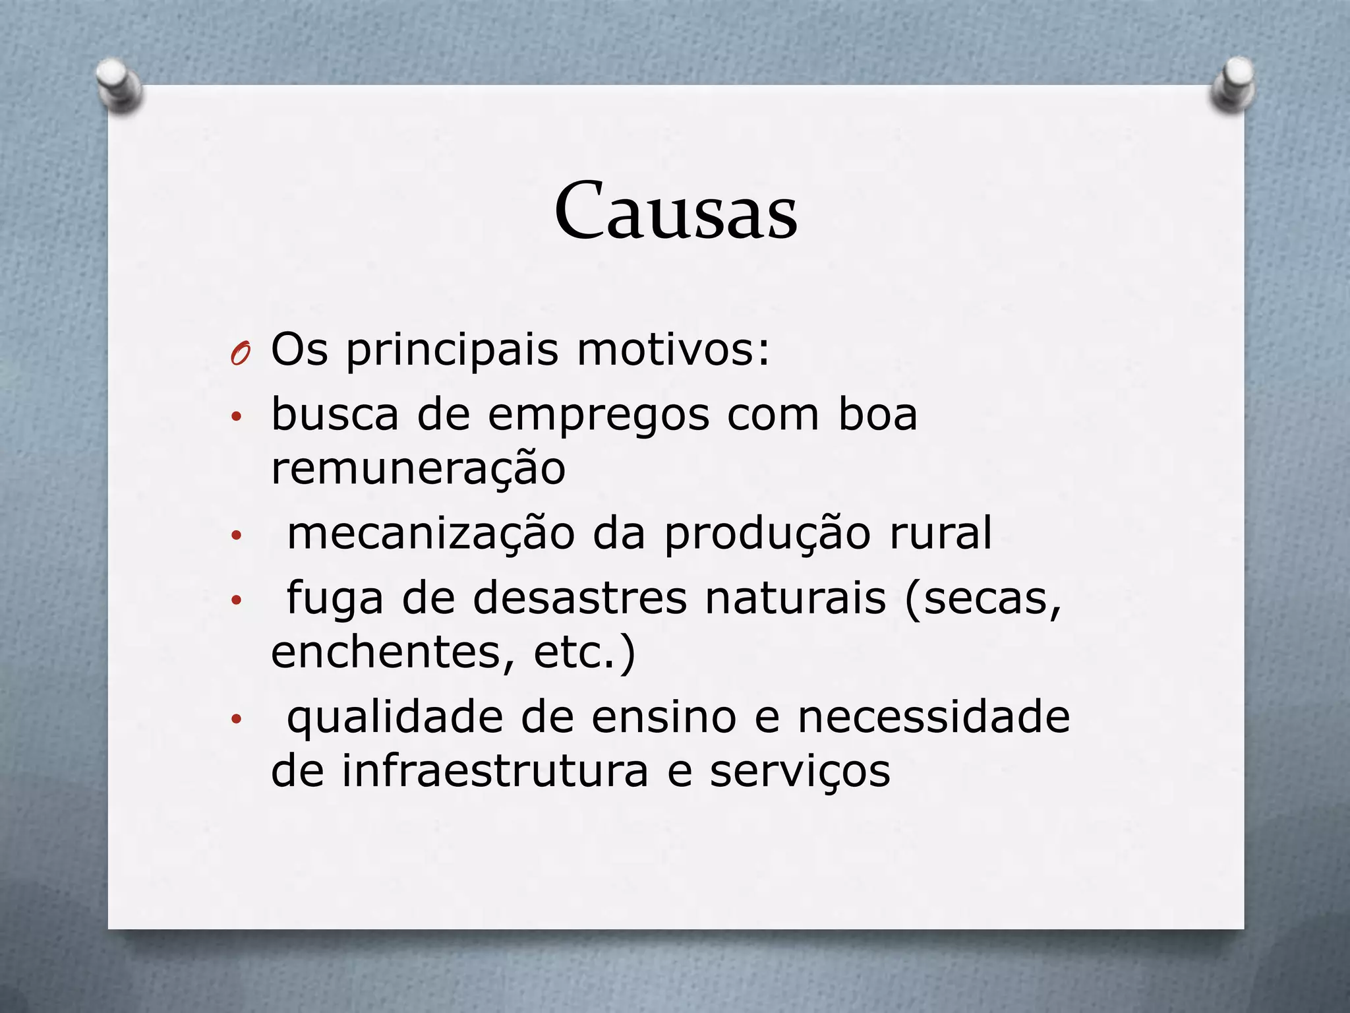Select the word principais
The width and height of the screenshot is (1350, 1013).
click(452, 350)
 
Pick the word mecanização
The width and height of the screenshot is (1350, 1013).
click(431, 534)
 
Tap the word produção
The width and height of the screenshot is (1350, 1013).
click(767, 535)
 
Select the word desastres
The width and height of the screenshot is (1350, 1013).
click(580, 598)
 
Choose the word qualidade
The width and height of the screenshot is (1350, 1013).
click(395, 718)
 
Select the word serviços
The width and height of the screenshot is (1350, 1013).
click(800, 772)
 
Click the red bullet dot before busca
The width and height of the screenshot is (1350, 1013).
click(237, 417)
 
